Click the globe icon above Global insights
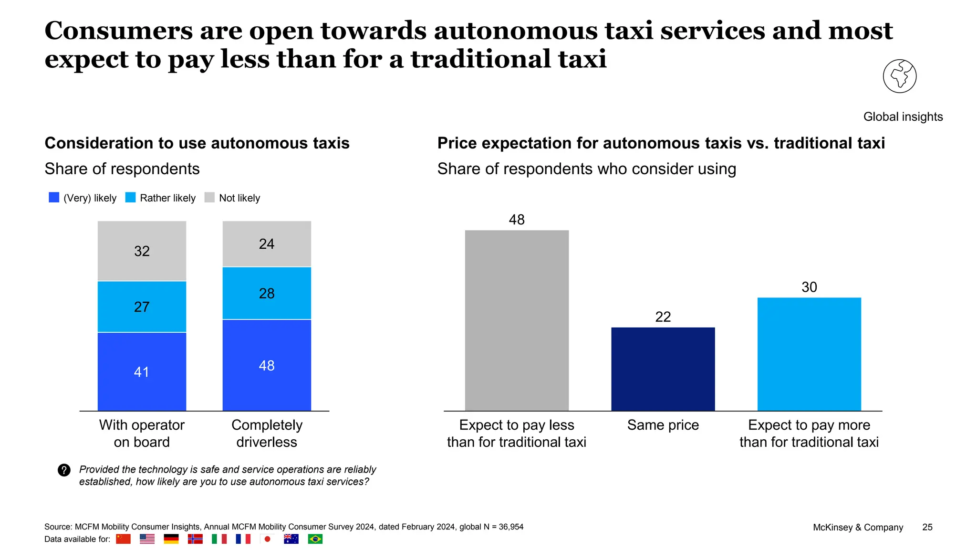899,76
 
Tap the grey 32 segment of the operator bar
142,251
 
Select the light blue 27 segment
142,307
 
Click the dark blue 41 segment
142,371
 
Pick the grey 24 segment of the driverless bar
267,243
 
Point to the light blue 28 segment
267,293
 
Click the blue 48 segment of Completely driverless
267,365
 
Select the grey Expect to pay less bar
517,320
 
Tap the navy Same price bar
663,369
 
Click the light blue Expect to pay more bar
809,354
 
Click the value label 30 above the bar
809,287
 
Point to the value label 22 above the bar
663,317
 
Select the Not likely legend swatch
209,198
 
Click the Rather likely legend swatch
130,198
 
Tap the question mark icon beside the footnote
64,470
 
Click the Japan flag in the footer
267,539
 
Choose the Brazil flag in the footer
315,539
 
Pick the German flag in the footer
171,539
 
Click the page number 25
927,527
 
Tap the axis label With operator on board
142,433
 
